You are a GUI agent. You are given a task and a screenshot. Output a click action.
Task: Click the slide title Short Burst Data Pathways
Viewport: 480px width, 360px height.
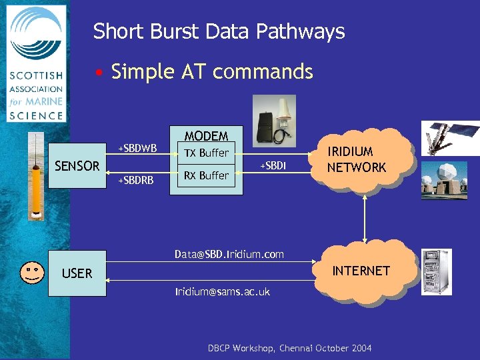tap(219, 31)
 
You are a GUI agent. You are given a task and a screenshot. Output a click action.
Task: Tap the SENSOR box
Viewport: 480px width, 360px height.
tap(77, 166)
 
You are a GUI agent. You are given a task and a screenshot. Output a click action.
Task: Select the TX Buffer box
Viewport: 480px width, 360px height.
tap(206, 153)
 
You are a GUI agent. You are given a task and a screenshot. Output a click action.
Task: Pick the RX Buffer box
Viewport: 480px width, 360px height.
tap(206, 175)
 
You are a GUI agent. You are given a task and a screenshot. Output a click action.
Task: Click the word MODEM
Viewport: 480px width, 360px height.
tap(206, 136)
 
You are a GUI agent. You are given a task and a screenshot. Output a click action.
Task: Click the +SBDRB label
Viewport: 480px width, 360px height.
tap(136, 180)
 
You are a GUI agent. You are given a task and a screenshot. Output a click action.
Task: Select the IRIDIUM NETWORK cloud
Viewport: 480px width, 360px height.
tap(357, 160)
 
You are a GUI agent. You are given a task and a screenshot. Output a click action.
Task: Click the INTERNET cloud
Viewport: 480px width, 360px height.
tap(361, 271)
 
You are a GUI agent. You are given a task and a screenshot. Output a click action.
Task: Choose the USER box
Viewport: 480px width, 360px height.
tap(77, 273)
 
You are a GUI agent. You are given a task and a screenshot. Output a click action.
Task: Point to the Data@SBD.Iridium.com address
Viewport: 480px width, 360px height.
tap(229, 254)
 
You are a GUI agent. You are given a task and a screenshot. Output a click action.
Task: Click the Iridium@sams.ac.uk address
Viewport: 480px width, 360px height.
tap(223, 291)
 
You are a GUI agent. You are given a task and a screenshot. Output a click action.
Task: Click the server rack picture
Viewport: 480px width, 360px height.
tap(436, 271)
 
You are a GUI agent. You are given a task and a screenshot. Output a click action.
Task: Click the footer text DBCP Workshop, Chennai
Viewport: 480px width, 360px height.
tap(289, 348)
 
